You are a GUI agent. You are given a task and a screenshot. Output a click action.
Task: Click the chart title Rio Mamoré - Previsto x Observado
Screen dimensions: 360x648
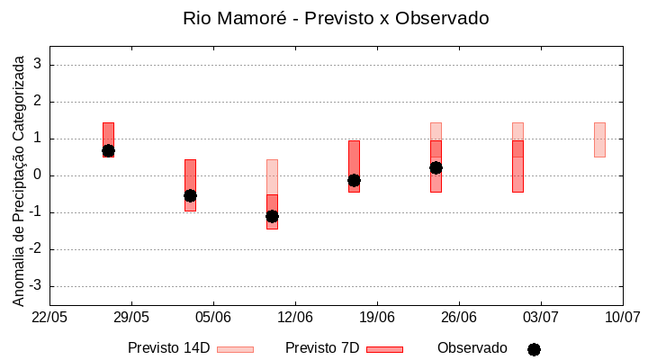(336, 19)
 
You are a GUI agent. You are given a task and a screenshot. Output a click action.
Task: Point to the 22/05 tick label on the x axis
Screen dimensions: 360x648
(49, 317)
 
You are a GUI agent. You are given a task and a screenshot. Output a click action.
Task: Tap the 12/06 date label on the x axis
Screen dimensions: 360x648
(295, 317)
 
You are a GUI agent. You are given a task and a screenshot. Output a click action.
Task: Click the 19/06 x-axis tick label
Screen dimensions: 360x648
(377, 317)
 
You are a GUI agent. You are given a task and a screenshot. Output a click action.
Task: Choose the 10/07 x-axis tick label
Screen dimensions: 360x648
(622, 317)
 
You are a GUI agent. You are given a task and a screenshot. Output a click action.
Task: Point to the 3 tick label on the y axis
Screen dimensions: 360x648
(39, 65)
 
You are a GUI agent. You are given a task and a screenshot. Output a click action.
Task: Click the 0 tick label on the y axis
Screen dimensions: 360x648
(39, 175)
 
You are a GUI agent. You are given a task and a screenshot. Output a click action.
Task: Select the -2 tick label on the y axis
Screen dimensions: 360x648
(36, 249)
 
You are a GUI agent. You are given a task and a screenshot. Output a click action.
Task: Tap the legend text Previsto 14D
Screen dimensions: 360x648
(168, 348)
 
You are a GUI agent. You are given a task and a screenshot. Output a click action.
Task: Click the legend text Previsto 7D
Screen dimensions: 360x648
(322, 348)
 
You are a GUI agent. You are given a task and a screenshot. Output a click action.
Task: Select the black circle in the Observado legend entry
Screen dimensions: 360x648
(534, 349)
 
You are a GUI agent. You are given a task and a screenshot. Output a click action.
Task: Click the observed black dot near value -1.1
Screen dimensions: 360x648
(272, 216)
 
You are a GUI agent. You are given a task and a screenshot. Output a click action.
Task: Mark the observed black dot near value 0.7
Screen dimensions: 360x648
(108, 151)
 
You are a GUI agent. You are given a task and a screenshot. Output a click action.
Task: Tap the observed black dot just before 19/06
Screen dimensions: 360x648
(354, 180)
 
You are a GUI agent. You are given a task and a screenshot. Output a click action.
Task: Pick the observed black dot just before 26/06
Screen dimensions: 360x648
(436, 167)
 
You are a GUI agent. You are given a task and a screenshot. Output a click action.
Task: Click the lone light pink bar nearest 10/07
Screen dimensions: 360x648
(599, 139)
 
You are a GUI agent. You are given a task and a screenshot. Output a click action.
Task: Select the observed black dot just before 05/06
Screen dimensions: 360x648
(190, 195)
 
